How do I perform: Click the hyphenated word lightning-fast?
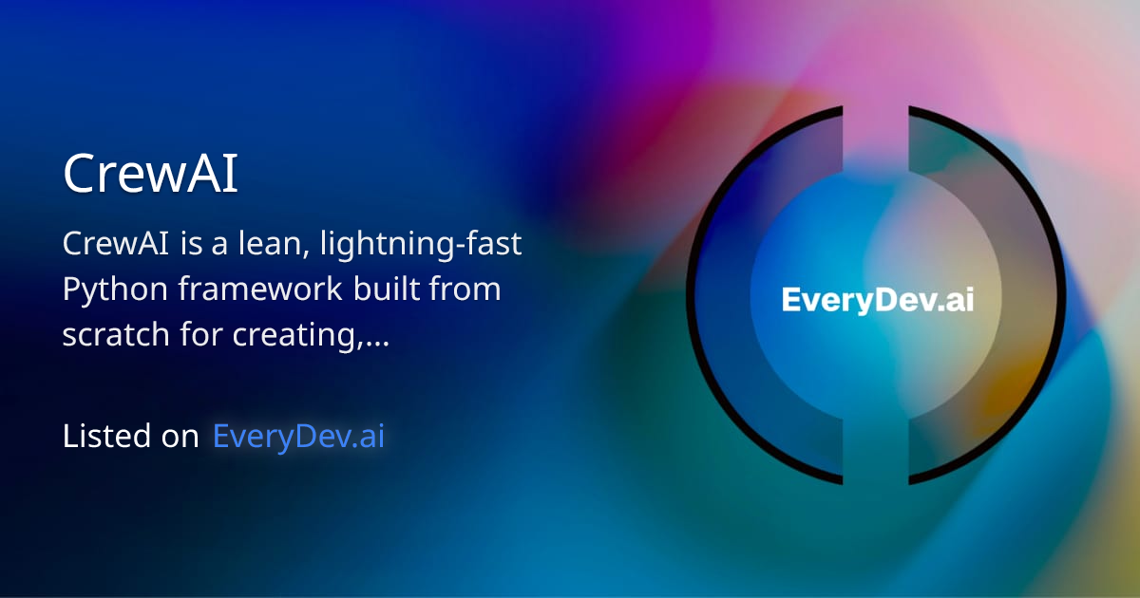(422, 244)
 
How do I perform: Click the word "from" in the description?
(466, 290)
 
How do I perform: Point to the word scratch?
(115, 334)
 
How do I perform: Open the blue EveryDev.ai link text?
(298, 437)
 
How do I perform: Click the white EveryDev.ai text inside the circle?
(877, 300)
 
